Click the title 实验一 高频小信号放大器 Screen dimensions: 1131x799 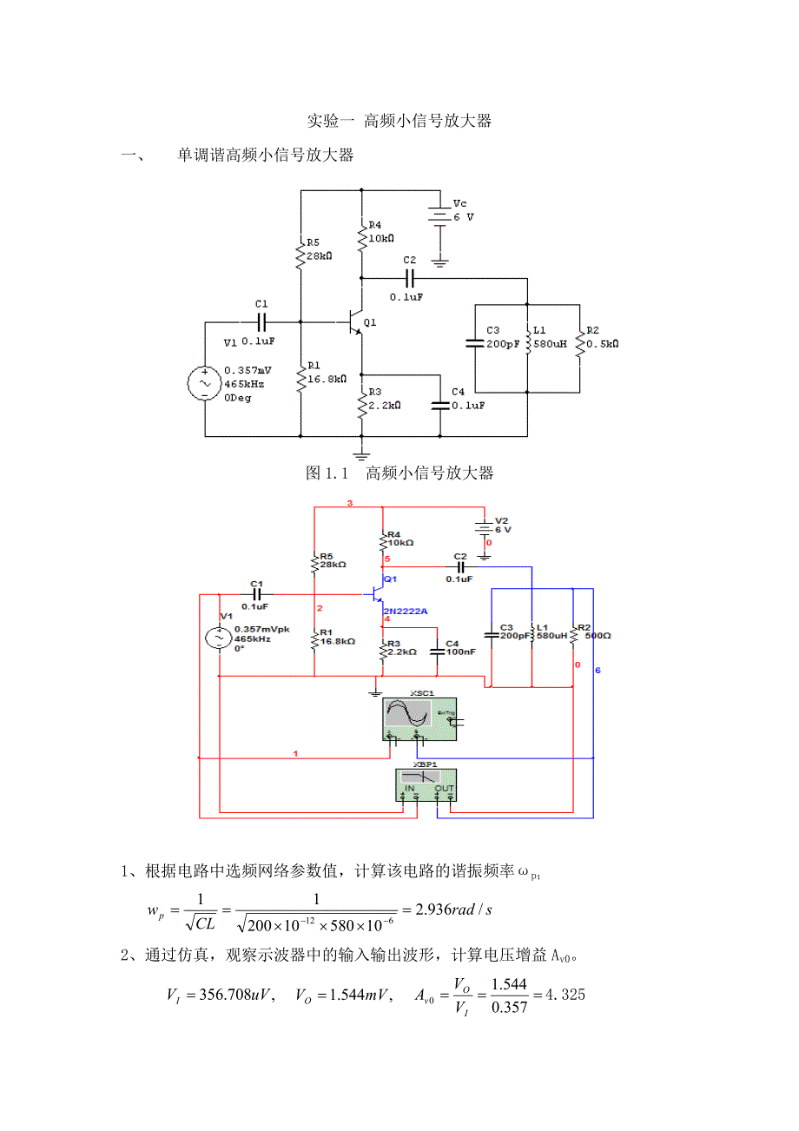pos(399,121)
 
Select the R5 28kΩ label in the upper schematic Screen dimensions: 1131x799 pos(319,249)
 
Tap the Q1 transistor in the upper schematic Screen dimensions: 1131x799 pos(354,321)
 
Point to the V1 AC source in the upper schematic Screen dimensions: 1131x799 pos(206,383)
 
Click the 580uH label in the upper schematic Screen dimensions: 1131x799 pos(551,343)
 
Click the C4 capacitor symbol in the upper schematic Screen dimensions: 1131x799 pos(440,405)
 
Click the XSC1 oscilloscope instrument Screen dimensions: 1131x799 pos(419,718)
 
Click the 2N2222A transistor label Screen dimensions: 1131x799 pos(405,611)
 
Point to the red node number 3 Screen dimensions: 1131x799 pos(350,504)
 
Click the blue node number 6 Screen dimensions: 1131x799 pos(597,671)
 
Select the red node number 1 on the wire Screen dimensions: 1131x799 pos(295,753)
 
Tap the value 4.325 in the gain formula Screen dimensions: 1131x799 pos(562,995)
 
